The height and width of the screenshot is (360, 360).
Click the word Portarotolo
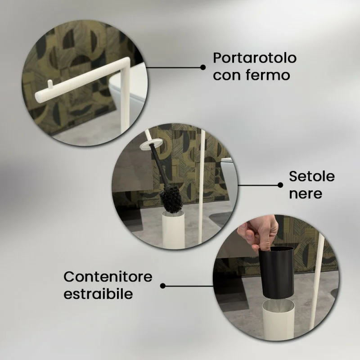(255, 58)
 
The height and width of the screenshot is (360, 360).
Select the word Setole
(312, 176)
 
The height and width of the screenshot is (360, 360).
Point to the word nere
(306, 194)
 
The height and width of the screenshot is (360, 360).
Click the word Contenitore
(108, 277)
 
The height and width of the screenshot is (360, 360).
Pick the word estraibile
(98, 294)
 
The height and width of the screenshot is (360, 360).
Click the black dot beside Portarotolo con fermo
(203, 67)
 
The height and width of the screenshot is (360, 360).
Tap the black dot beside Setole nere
(280, 185)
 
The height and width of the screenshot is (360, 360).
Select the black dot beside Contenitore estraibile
(163, 286)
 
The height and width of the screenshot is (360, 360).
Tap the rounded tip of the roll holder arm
(38, 96)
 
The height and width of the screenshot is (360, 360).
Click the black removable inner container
(276, 273)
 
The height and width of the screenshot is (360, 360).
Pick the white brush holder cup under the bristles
(173, 229)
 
